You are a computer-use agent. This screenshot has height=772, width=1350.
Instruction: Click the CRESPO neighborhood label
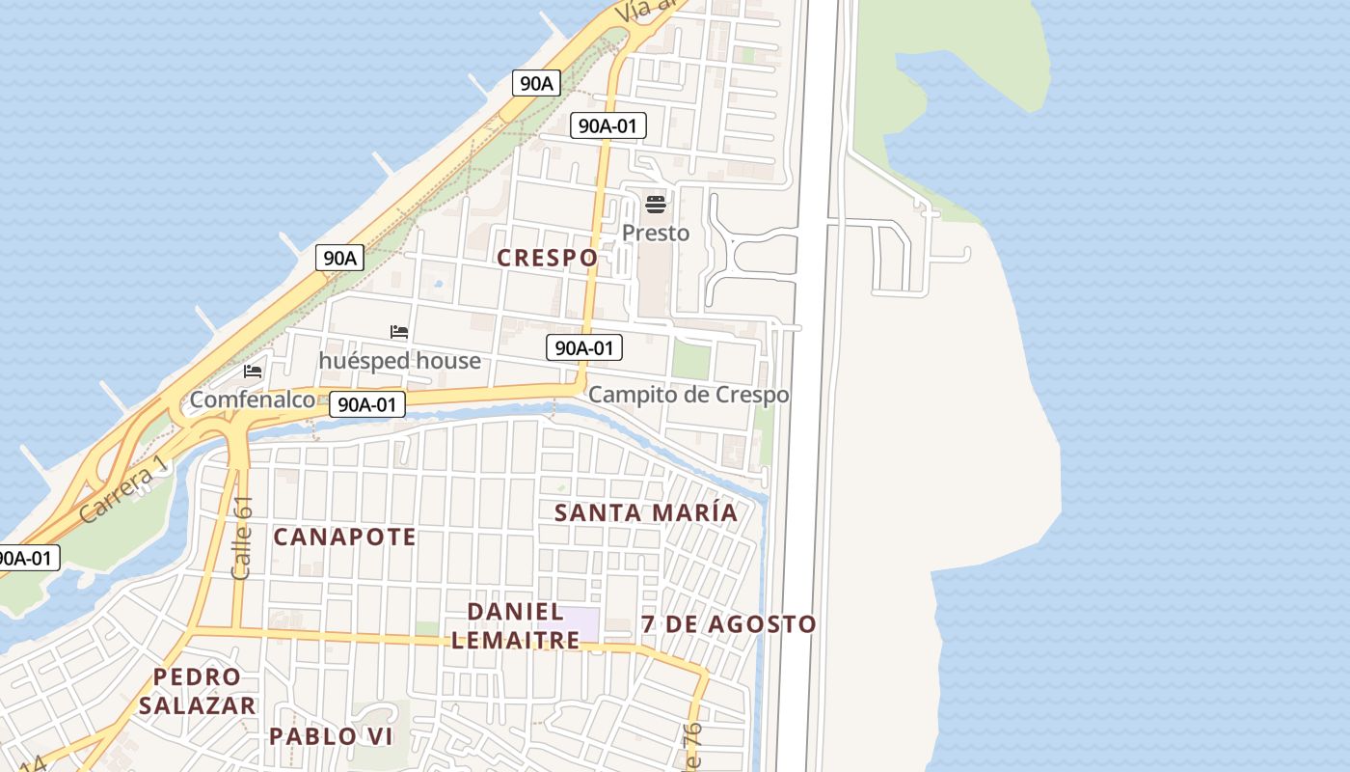547,258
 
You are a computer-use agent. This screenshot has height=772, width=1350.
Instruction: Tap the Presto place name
656,233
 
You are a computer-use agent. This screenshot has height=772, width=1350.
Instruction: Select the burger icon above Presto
656,205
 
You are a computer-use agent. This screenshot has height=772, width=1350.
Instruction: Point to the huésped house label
399,360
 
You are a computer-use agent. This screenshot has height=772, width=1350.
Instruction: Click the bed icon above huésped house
399,333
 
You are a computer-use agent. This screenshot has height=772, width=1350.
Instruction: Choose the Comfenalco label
253,399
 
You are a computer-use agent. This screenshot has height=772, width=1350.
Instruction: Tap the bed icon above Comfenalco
253,371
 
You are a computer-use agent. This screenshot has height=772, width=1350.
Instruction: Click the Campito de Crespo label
688,395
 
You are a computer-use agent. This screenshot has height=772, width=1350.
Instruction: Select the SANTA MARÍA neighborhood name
646,512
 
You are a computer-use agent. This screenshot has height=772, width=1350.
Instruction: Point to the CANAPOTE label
344,537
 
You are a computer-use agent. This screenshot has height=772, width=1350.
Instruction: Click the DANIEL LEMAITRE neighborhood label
516,625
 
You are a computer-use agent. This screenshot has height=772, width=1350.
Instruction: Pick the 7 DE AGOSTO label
729,624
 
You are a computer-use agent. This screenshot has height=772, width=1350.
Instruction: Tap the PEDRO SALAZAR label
197,691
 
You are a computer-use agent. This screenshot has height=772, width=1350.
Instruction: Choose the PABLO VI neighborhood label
331,736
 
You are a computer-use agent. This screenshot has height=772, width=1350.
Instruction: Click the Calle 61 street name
243,538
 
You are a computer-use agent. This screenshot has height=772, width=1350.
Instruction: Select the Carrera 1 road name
123,490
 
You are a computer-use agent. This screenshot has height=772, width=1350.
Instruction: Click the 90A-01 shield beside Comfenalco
366,404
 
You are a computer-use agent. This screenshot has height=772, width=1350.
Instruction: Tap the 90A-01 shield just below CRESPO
583,347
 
